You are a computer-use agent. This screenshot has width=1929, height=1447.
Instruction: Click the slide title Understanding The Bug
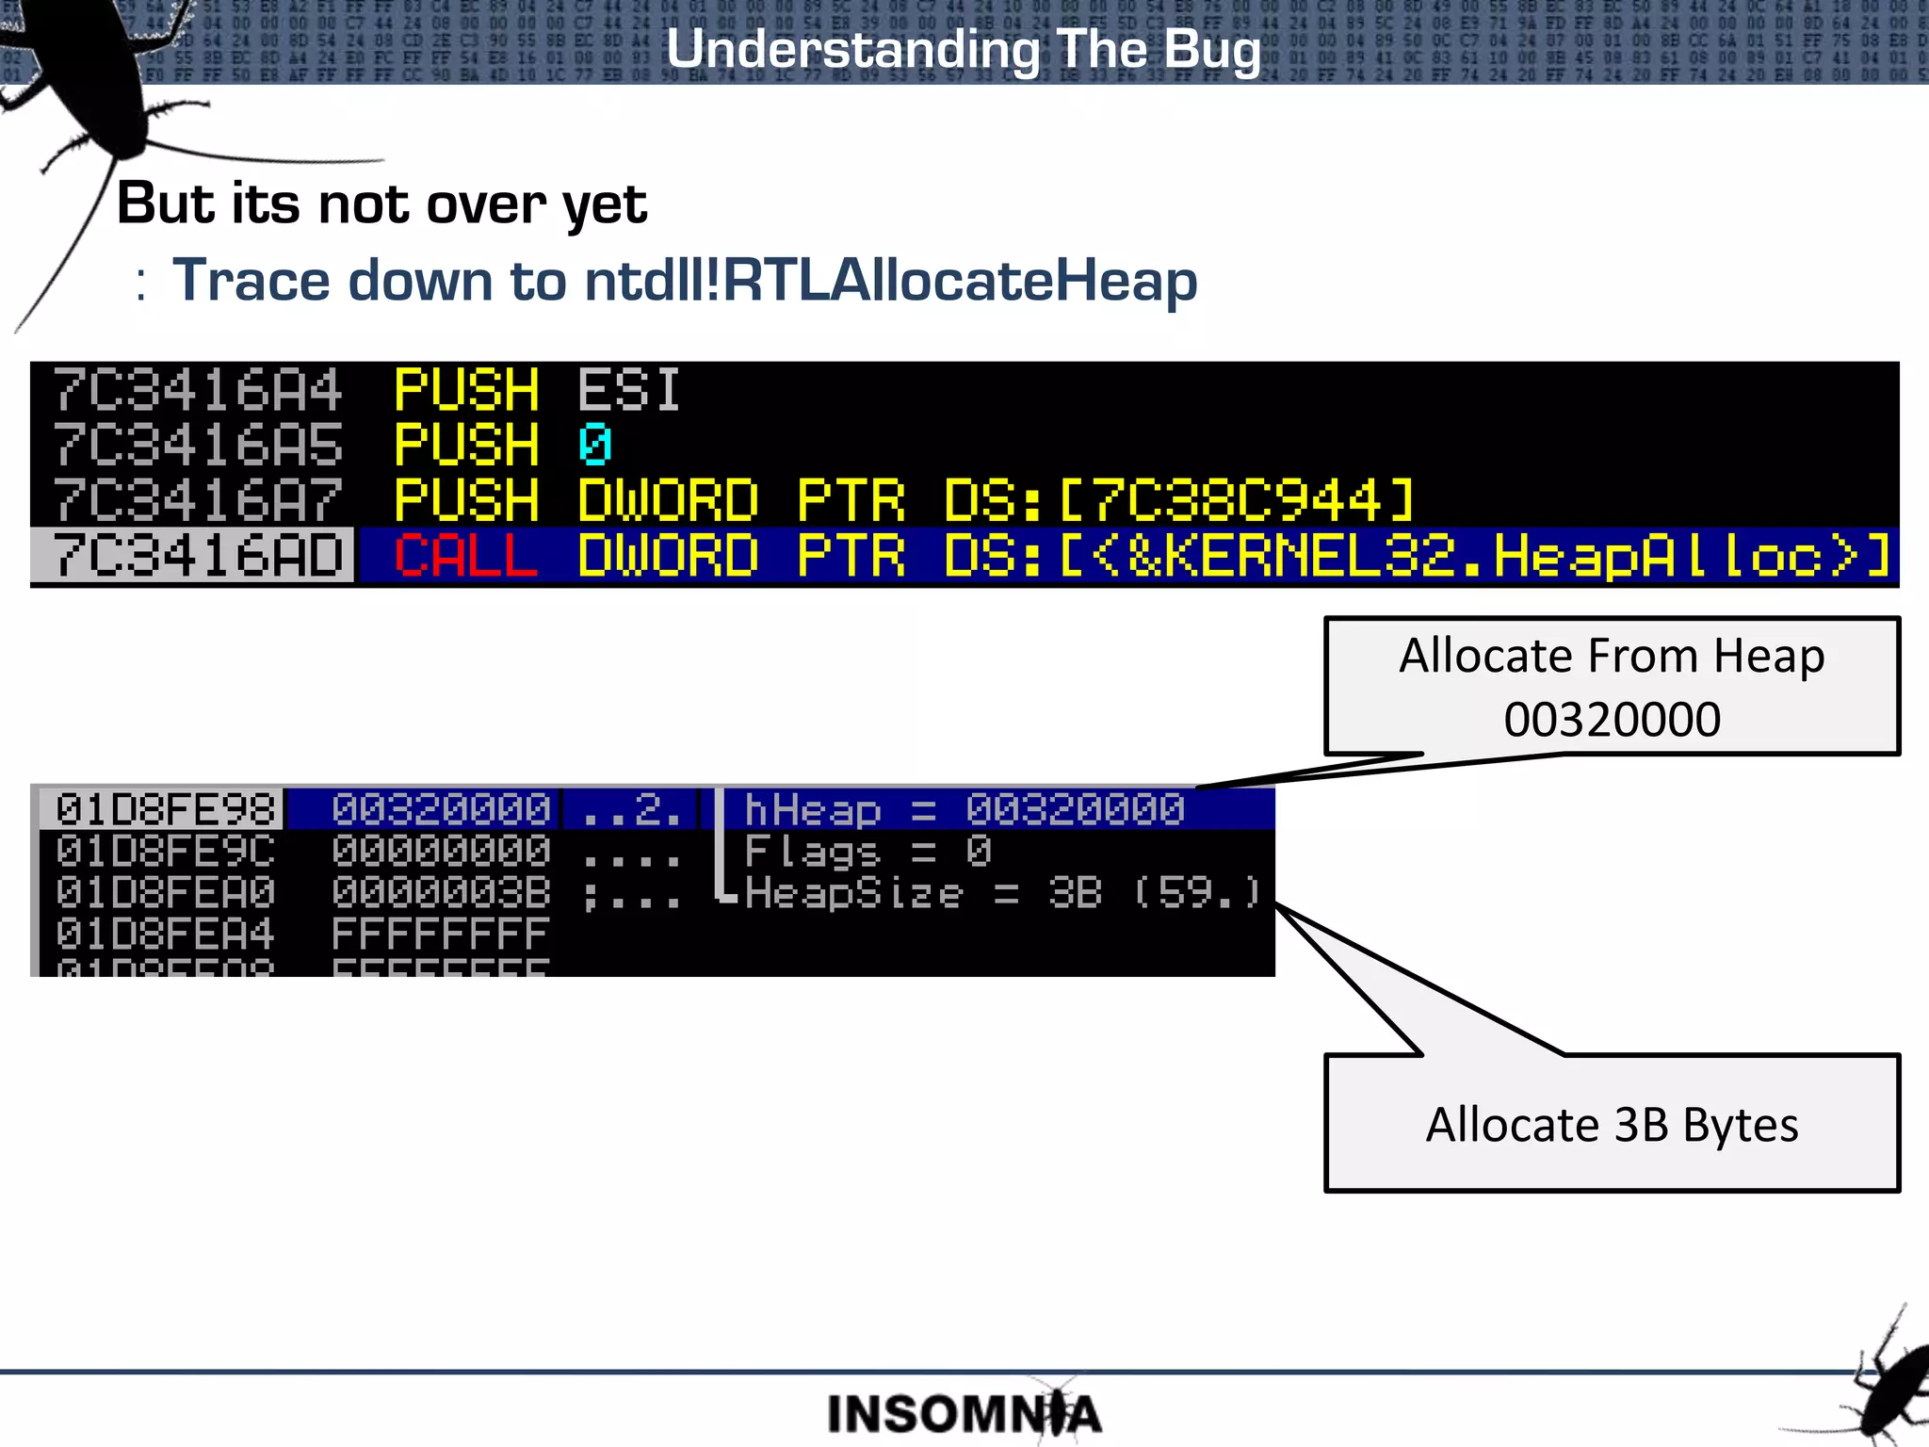pyautogui.click(x=963, y=49)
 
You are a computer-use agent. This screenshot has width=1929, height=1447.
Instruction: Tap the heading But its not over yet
pyautogui.click(x=381, y=203)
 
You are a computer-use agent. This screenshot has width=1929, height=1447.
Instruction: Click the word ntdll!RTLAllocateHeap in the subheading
pyautogui.click(x=890, y=281)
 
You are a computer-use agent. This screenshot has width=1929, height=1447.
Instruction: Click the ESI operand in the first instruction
pyautogui.click(x=628, y=390)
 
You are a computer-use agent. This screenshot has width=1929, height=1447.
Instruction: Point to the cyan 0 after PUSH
pyautogui.click(x=594, y=445)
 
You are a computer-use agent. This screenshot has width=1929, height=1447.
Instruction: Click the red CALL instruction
pyautogui.click(x=465, y=556)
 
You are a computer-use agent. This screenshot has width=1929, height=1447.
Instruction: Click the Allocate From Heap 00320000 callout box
pyautogui.click(x=1612, y=686)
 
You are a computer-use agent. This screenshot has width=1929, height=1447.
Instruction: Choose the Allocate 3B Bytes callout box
pyautogui.click(x=1612, y=1124)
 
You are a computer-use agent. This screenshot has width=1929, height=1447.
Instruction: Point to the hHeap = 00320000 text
pyautogui.click(x=964, y=809)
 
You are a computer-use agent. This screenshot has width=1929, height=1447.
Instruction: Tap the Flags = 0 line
pyautogui.click(x=867, y=852)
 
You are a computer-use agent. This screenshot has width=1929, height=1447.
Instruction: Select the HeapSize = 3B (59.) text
pyautogui.click(x=1001, y=893)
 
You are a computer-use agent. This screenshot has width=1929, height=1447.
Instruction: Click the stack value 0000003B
pyautogui.click(x=441, y=893)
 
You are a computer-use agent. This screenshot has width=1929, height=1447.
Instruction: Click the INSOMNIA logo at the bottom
pyautogui.click(x=963, y=1413)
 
